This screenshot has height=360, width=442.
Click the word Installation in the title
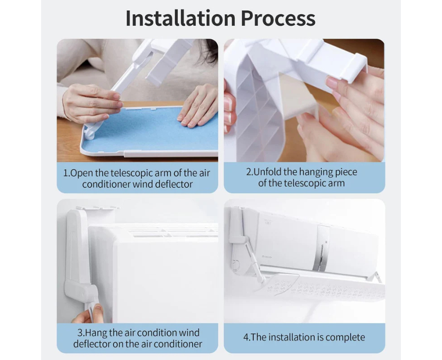180,18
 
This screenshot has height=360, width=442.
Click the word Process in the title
278,18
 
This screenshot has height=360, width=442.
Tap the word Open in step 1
82,173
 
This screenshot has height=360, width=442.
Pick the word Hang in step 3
96,333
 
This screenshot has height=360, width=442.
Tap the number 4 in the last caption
246,337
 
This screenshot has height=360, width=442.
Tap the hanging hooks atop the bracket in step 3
97,208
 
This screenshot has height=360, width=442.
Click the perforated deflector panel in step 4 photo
324,287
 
